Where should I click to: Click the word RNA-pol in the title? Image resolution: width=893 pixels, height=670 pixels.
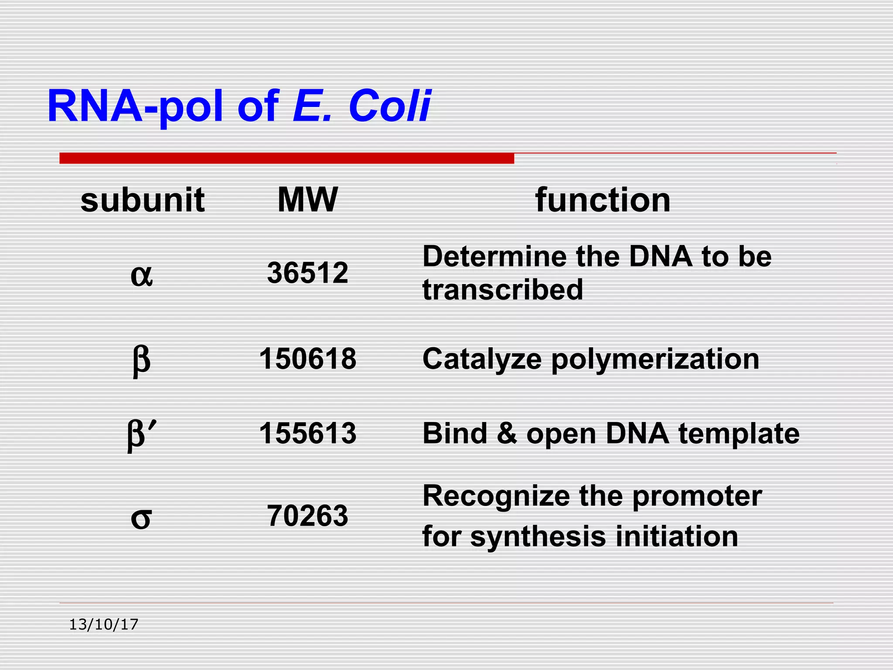135,106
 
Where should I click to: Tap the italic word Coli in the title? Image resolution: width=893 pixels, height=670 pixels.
389,106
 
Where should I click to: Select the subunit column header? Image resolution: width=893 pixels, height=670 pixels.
143,200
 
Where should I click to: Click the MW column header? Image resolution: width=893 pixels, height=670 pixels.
307,200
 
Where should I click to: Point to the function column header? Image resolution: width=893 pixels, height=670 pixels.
603,200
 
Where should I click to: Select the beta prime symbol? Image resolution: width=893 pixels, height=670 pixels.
141,435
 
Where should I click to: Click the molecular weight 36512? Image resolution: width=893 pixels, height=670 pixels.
307,273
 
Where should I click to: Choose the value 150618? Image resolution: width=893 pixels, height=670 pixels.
307,359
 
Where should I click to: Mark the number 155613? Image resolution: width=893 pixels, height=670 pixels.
307,434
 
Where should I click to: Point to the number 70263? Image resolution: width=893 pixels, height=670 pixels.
307,516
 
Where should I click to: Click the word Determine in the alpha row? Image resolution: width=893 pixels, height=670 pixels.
494,256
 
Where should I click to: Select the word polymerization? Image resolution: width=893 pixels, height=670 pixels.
655,360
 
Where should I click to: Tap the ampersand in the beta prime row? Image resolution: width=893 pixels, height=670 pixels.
506,434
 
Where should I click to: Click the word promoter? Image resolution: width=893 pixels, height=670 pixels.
697,496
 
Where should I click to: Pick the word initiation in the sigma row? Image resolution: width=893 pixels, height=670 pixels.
677,536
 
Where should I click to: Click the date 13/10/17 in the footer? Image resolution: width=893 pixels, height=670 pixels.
104,625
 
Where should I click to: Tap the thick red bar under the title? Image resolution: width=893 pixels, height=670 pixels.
286,158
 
